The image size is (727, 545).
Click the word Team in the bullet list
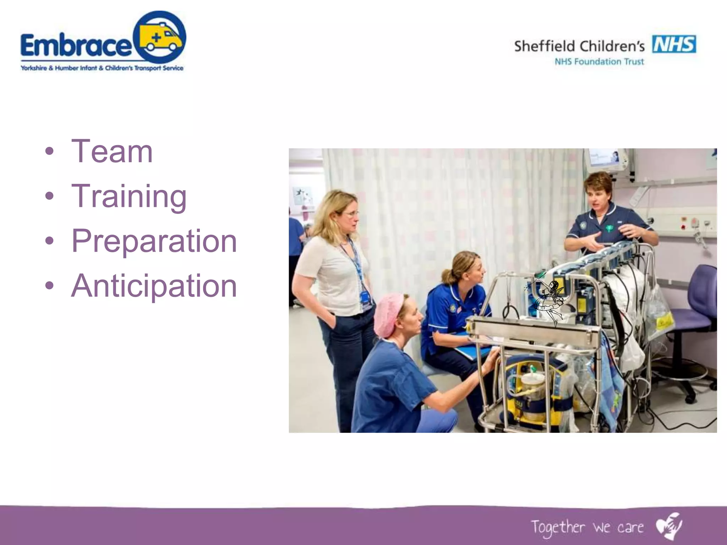coord(112,152)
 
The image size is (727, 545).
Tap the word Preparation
coord(154,241)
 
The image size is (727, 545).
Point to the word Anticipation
coord(154,286)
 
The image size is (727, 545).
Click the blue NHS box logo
coord(674,44)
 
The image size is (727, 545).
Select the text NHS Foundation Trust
coord(599,62)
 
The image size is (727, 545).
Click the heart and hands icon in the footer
coord(669,525)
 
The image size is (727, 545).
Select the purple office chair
coord(696,312)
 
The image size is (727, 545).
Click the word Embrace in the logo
coord(76,45)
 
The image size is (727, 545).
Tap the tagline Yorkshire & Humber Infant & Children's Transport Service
coord(102,68)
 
